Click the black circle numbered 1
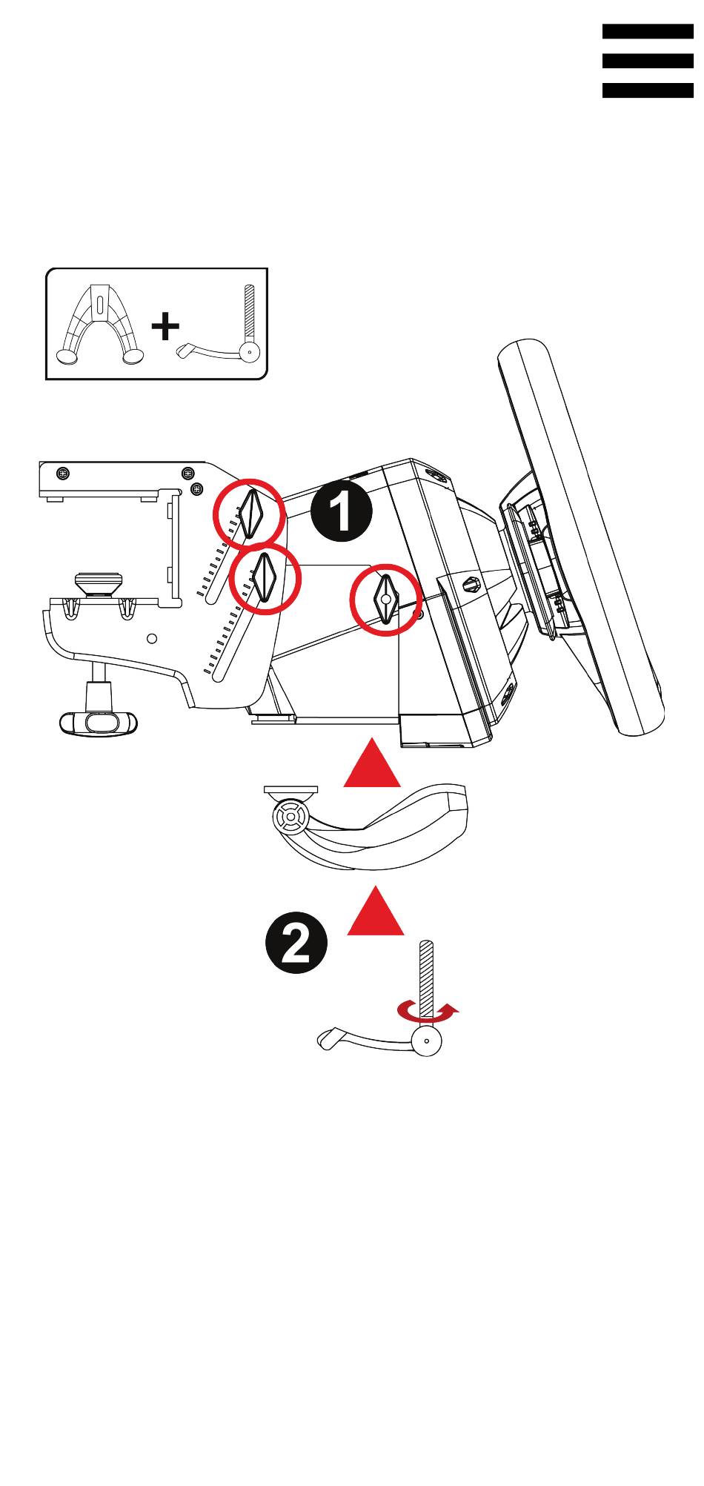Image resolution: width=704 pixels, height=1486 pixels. (x=341, y=511)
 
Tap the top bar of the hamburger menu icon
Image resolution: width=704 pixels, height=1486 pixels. (x=647, y=31)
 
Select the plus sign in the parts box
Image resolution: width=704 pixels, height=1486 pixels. (x=165, y=326)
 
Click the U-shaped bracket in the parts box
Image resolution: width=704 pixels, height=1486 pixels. (x=100, y=327)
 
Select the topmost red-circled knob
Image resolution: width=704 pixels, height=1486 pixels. (x=249, y=513)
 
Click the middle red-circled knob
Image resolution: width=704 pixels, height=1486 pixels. (x=265, y=579)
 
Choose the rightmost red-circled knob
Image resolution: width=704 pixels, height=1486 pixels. (x=385, y=599)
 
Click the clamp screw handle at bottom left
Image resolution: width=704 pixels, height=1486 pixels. (x=99, y=722)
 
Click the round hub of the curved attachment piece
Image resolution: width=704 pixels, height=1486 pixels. (x=290, y=817)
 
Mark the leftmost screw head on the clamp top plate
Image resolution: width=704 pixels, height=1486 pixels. (x=63, y=473)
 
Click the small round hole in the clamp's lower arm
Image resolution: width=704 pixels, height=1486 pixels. (x=152, y=638)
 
